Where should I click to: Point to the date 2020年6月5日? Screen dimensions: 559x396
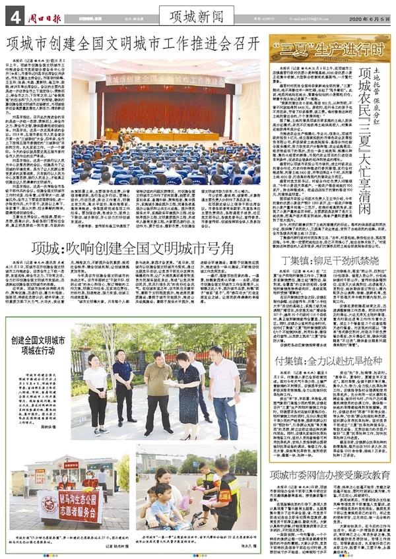point(364,14)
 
